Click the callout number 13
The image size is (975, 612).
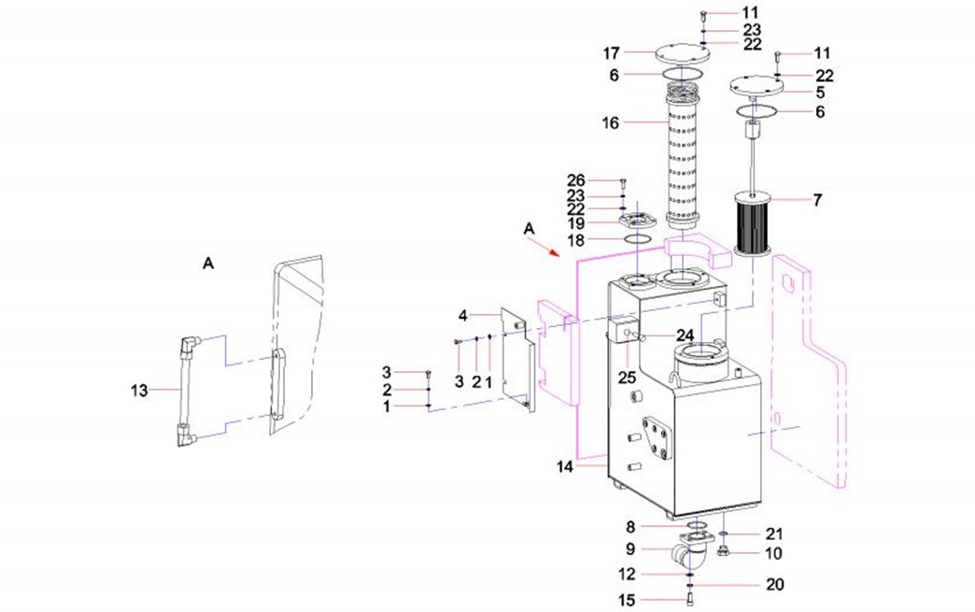(138, 391)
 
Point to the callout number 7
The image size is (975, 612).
(818, 200)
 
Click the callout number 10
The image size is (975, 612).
(774, 553)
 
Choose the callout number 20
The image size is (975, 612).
(774, 585)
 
